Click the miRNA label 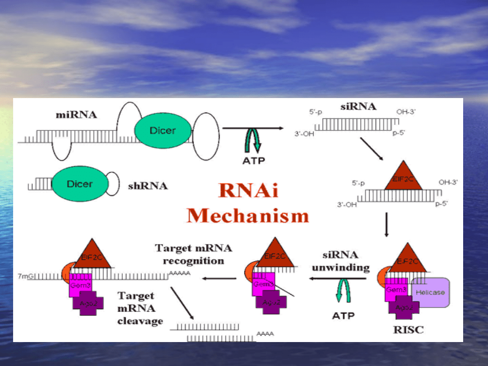pyautogui.click(x=76, y=115)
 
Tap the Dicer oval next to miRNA pyautogui.click(x=163, y=131)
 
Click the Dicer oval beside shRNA pyautogui.click(x=80, y=184)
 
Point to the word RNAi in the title pyautogui.click(x=248, y=191)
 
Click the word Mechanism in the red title pyautogui.click(x=248, y=216)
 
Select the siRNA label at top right pyautogui.click(x=358, y=107)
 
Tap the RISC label pyautogui.click(x=408, y=329)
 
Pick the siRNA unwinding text pyautogui.click(x=341, y=261)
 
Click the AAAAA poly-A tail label pyautogui.click(x=180, y=273)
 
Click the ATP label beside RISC pyautogui.click(x=343, y=316)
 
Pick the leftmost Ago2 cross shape pyautogui.click(x=88, y=303)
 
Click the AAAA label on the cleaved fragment pyautogui.click(x=265, y=334)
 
